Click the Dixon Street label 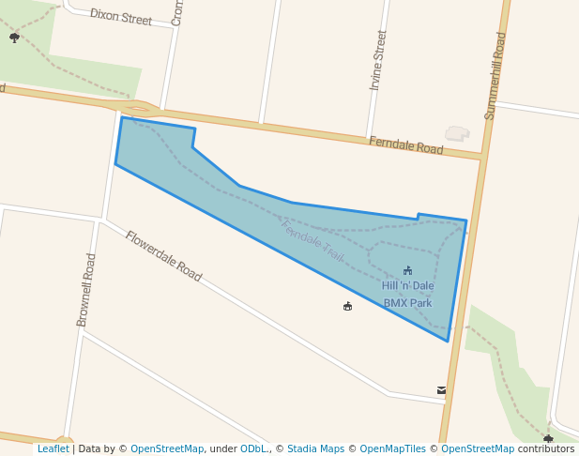pos(120,18)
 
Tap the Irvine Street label pos(378,59)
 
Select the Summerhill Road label pos(495,76)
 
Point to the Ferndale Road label pos(405,145)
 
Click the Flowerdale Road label pos(163,256)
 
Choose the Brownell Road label pos(86,290)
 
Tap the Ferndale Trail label pos(312,241)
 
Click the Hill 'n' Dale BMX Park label pos(407,294)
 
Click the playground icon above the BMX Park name pos(407,270)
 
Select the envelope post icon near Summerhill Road pos(441,390)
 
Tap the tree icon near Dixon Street pos(14,38)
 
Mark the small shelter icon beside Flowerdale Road pos(347,306)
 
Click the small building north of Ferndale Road pos(457,133)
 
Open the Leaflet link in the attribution pos(53,448)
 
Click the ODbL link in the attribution pos(253,448)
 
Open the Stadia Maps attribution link pos(315,448)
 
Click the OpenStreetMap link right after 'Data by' pos(167,448)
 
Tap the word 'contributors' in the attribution pos(546,448)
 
